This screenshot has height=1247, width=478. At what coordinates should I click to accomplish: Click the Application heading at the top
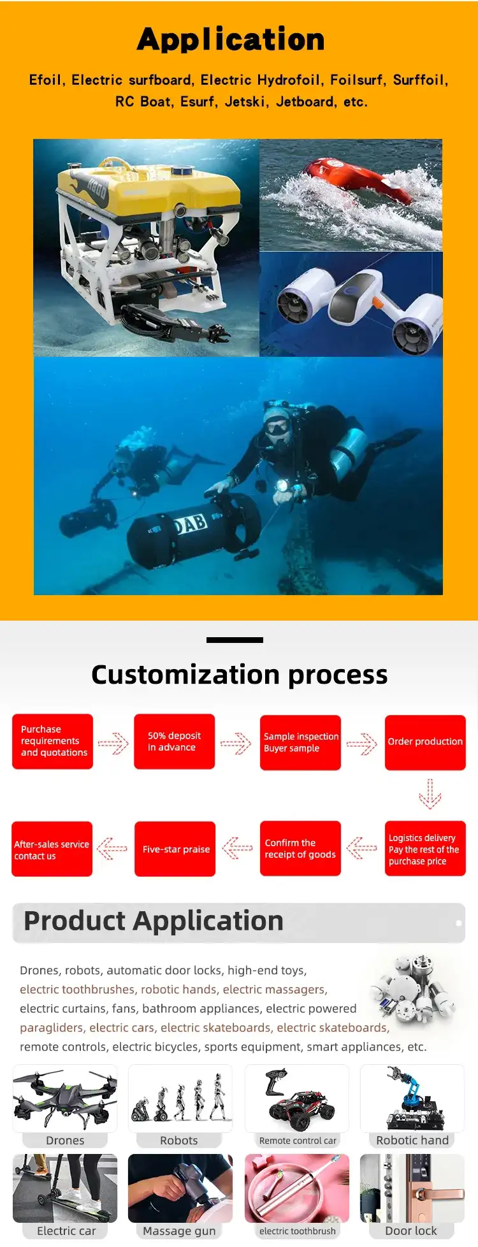[x=231, y=40]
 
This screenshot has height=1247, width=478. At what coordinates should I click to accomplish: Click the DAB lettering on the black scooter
[x=191, y=524]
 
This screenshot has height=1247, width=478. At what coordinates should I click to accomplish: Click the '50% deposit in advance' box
[x=174, y=742]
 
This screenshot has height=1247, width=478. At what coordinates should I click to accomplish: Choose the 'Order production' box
[x=425, y=742]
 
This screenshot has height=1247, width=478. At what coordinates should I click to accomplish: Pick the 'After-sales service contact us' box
[x=52, y=849]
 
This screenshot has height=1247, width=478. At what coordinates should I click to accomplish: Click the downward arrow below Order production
[x=430, y=794]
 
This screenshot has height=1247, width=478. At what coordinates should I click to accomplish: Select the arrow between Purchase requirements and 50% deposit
[x=113, y=743]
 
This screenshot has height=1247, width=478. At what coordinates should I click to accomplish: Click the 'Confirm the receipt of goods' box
[x=300, y=849]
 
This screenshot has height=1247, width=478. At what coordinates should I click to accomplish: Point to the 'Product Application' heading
[x=154, y=921]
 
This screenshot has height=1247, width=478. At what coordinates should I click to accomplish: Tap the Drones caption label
[x=65, y=1140]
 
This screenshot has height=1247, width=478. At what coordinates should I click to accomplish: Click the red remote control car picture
[x=298, y=1100]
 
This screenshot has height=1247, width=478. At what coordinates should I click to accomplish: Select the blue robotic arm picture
[x=412, y=1098]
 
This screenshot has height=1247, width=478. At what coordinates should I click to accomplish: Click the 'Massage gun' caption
[x=179, y=1230]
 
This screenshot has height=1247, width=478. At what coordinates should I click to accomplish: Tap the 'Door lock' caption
[x=411, y=1230]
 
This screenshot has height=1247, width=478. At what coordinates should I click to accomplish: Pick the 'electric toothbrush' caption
[x=298, y=1231]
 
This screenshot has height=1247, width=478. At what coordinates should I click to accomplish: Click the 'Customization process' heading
[x=239, y=674]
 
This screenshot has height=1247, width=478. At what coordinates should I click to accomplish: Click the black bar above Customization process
[x=235, y=640]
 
